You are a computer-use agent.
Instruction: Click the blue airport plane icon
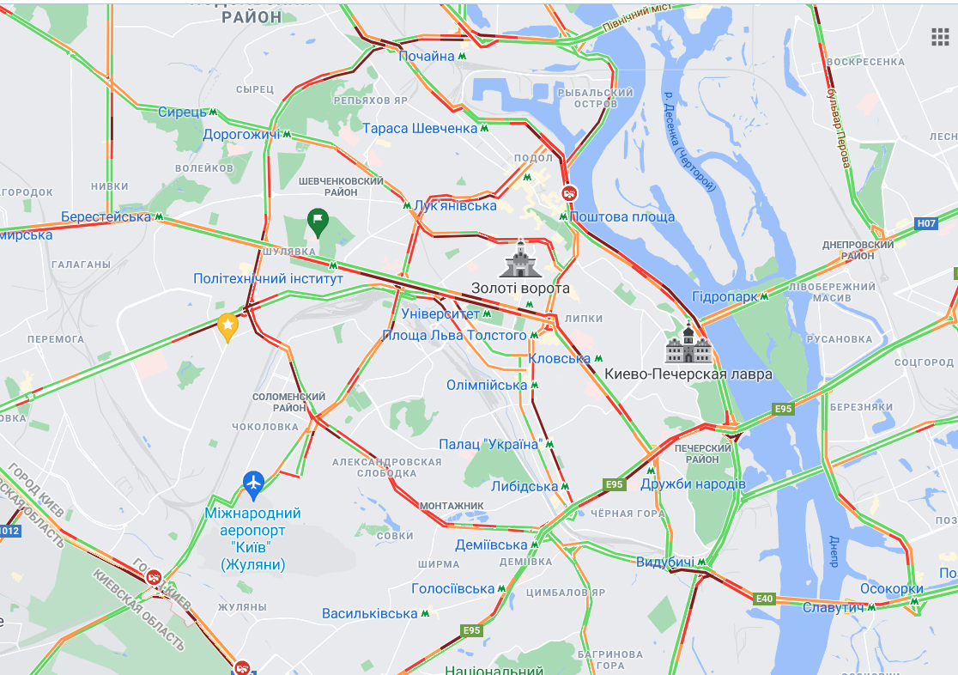pos(252,484)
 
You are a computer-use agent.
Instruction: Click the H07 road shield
pos(925,223)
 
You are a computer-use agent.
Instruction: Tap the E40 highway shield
pos(764,599)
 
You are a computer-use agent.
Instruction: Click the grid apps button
pos(940,36)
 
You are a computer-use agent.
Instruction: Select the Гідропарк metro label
pos(725,296)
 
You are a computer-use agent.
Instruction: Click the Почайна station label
pos(427,56)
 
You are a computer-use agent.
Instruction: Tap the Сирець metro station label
pos(182,112)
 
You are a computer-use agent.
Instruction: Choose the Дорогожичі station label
pos(241,134)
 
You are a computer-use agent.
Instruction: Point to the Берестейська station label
pos(106,216)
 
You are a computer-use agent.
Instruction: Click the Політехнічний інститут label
pos(268,278)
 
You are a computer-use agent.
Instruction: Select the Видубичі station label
pos(665,562)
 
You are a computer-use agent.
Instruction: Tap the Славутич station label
pos(834,607)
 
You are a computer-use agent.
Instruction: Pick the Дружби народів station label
pos(693,484)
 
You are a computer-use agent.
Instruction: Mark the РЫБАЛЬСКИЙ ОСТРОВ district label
pos(595,98)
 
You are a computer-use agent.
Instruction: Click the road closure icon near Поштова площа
pos(568,193)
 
